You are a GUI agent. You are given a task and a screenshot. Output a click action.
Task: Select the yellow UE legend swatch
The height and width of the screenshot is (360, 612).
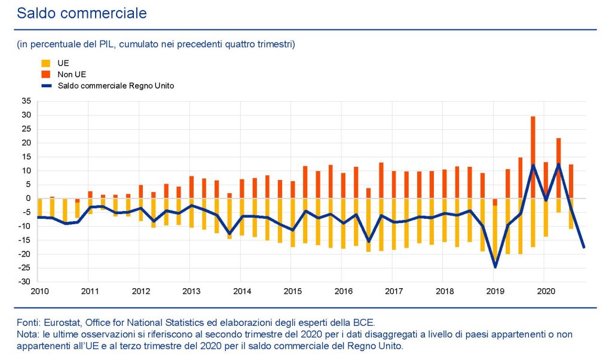pos(45,62)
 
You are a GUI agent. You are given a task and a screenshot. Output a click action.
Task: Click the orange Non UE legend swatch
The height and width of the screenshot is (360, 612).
pos(45,74)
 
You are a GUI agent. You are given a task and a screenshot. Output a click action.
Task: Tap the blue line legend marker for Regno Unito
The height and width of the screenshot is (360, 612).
pos(45,86)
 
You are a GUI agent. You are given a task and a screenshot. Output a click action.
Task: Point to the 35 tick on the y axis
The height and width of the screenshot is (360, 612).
pos(26,101)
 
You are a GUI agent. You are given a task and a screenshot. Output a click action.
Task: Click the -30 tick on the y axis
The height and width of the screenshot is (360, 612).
pos(25,282)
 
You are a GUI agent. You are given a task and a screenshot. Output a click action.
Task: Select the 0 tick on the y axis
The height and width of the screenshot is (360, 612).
pos(29,199)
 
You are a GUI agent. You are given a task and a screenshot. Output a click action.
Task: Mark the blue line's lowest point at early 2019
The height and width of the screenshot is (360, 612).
pos(495,267)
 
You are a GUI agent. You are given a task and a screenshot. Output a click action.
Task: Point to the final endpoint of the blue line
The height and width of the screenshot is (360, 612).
pos(584,247)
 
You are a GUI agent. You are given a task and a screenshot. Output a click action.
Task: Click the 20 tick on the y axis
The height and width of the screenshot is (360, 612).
pos(26,143)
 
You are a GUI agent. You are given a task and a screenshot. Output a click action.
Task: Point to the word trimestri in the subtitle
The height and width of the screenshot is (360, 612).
pos(276,44)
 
